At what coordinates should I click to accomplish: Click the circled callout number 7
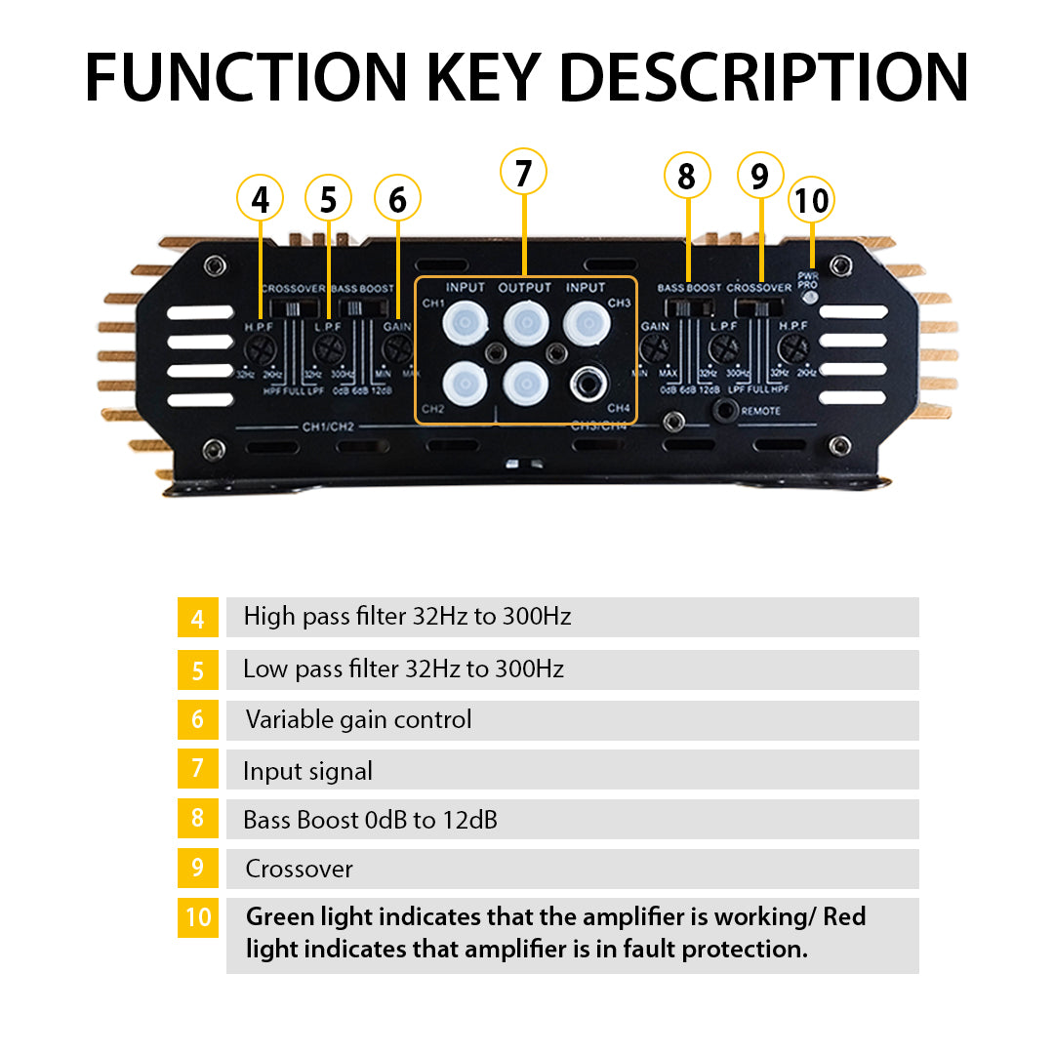(x=523, y=173)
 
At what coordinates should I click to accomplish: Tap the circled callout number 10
(x=811, y=200)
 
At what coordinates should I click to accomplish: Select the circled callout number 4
(x=260, y=199)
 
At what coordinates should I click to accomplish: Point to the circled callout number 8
(x=686, y=177)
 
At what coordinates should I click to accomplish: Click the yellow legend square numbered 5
(x=198, y=669)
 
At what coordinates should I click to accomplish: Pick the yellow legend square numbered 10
(x=198, y=917)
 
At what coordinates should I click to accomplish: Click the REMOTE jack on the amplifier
(x=726, y=411)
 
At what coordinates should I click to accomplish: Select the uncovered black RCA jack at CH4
(x=587, y=382)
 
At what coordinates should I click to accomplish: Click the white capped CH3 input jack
(x=586, y=322)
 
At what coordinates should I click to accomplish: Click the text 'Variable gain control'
(x=358, y=720)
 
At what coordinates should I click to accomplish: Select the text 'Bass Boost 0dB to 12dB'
(x=370, y=820)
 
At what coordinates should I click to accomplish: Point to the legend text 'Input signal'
(x=307, y=771)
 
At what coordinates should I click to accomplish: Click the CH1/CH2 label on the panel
(x=329, y=426)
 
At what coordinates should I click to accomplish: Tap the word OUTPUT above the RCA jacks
(x=525, y=288)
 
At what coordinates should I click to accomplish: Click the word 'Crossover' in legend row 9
(x=299, y=869)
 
